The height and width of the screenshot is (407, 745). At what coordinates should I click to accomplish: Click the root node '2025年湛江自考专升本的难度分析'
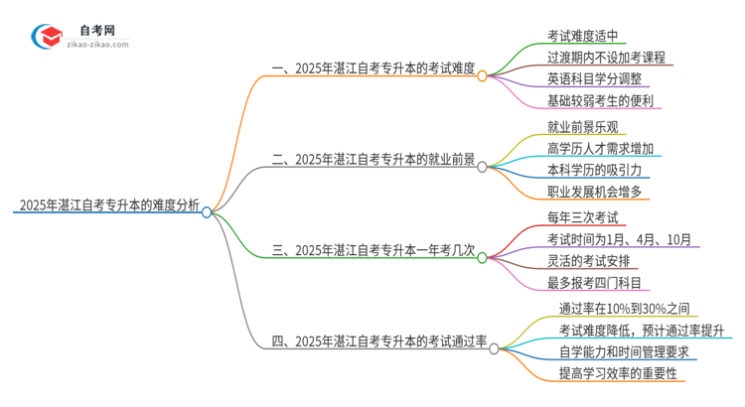pyautogui.click(x=107, y=207)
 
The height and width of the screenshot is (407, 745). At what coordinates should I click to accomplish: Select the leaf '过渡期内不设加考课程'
pyautogui.click(x=605, y=58)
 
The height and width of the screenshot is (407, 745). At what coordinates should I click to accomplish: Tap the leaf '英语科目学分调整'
pyautogui.click(x=593, y=79)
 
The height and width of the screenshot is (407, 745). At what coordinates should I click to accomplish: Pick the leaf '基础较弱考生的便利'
pyautogui.click(x=599, y=101)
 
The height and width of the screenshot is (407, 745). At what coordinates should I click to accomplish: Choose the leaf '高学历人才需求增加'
pyautogui.click(x=599, y=148)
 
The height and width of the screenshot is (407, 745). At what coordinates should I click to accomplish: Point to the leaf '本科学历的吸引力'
pyautogui.click(x=593, y=170)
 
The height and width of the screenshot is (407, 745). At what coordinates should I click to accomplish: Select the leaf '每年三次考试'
pyautogui.click(x=586, y=215)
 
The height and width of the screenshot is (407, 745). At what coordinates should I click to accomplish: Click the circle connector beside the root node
pyautogui.click(x=207, y=211)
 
